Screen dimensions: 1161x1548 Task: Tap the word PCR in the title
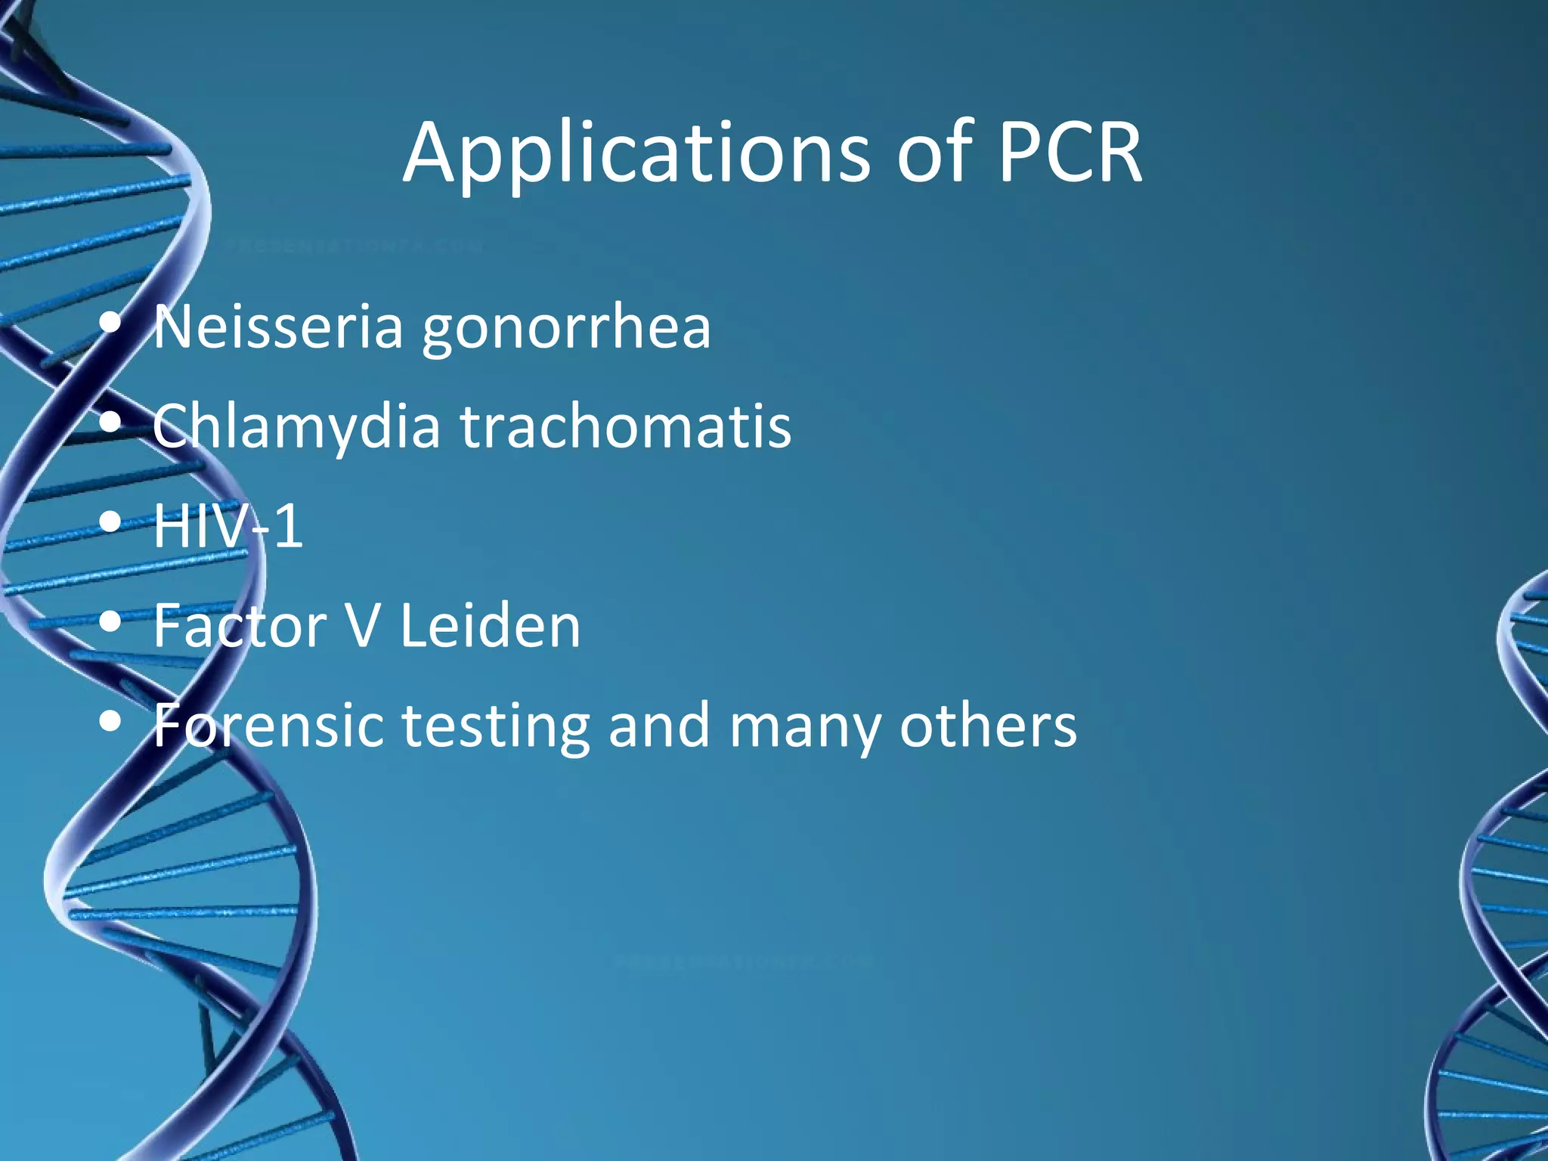[1069, 153]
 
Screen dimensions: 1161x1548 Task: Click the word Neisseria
[278, 327]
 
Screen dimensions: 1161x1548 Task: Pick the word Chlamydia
[296, 426]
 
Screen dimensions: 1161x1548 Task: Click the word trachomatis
[626, 426]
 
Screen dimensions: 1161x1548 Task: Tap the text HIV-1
[228, 526]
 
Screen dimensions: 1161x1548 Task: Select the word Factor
[239, 626]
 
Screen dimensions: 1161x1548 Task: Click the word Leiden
[490, 626]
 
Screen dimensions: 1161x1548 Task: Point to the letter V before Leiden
[363, 626]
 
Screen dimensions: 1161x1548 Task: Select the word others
[988, 726]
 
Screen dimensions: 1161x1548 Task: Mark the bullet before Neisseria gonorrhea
[110, 324]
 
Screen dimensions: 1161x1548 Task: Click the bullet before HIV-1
[110, 522]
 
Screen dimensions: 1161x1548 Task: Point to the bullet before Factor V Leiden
[110, 622]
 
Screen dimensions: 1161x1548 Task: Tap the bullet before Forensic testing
[110, 722]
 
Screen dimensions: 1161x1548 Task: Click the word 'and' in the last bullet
[659, 726]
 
